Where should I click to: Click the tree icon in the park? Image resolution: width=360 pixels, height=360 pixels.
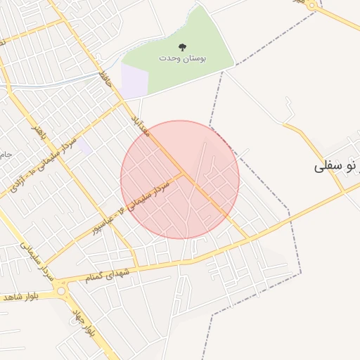pyautogui.click(x=183, y=47)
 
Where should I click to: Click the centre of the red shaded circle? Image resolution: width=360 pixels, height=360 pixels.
pyautogui.click(x=180, y=180)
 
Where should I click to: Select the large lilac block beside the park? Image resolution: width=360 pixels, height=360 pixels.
pyautogui.click(x=134, y=80)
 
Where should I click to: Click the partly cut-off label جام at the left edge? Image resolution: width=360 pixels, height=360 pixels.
pyautogui.click(x=4, y=153)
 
